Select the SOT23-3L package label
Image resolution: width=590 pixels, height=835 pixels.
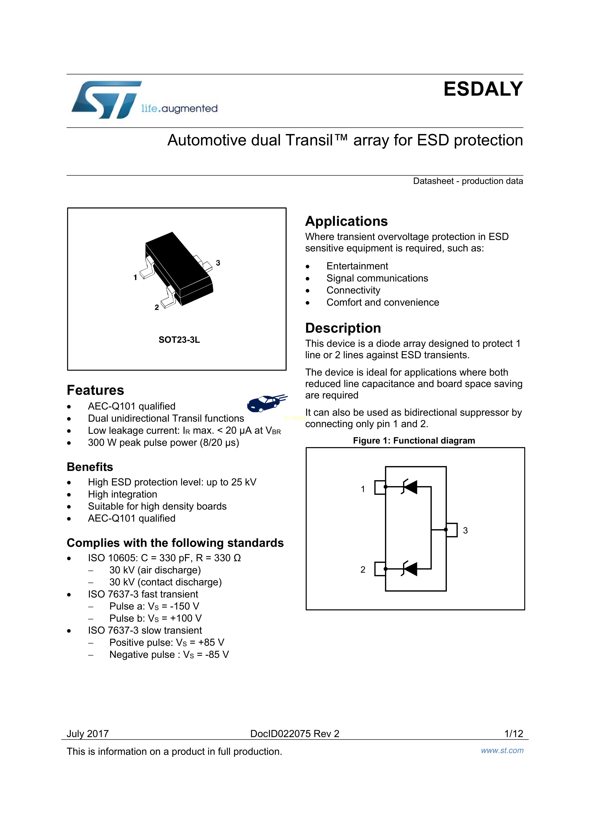coord(179,340)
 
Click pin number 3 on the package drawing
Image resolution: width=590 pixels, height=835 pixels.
coord(218,262)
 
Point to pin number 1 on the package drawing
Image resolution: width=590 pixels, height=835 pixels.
coord(135,277)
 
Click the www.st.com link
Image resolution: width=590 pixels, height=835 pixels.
coord(502,750)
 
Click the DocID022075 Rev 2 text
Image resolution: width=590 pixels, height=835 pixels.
coord(294,734)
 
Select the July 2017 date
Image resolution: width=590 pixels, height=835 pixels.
coord(88,734)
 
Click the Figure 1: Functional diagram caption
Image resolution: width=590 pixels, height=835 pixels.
coord(414,440)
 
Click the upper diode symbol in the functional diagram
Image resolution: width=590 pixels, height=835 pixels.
coord(410,487)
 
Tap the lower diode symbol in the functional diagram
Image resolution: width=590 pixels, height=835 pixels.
coord(410,568)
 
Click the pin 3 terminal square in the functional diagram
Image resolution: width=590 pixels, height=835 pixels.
coord(452,530)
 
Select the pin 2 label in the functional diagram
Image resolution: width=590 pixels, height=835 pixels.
coord(363,569)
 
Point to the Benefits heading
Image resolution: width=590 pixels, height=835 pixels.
coord(90,467)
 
